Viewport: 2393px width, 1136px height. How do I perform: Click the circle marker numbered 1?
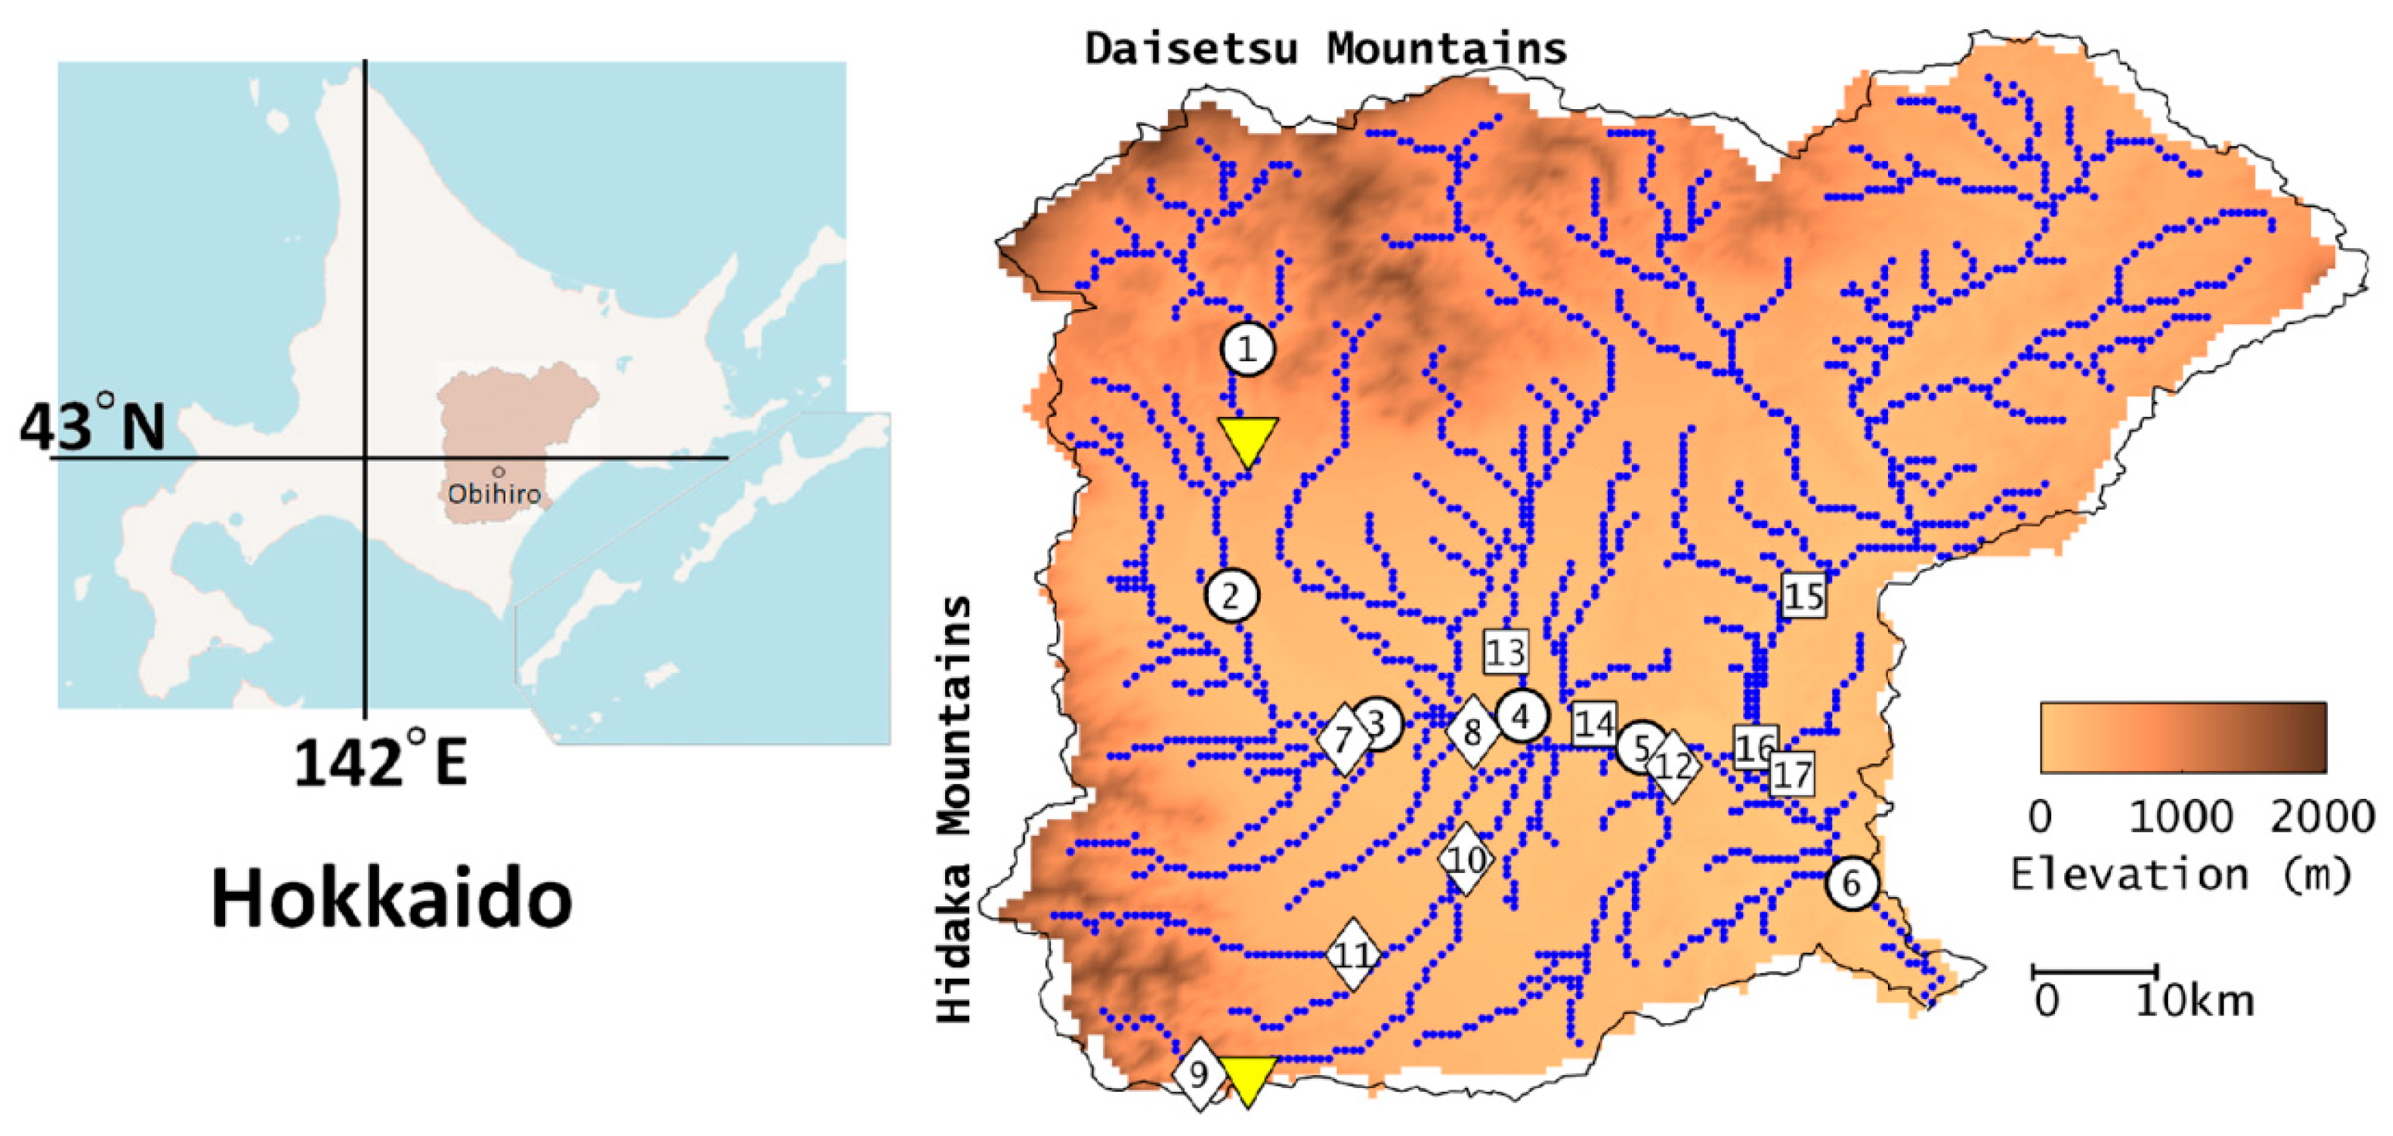(x=1247, y=350)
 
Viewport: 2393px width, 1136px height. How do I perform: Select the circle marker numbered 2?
(x=1232, y=595)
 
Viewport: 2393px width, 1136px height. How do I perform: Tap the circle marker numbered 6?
(x=1852, y=883)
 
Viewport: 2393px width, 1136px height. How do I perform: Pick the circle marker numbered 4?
(x=1521, y=716)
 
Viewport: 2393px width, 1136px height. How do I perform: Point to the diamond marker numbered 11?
(x=1352, y=955)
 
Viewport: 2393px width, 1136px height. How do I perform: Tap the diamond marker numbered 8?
(x=1473, y=733)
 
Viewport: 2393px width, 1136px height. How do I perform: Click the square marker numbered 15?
(x=1803, y=595)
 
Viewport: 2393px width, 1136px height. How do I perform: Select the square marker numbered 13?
(x=1505, y=652)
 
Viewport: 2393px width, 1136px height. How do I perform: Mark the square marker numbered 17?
(x=1791, y=775)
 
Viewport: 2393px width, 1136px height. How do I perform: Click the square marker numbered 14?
(x=1594, y=724)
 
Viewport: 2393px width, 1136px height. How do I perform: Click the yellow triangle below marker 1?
(x=1248, y=439)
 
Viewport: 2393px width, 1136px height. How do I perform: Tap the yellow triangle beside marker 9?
(x=1248, y=1077)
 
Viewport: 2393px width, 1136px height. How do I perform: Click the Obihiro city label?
(x=494, y=493)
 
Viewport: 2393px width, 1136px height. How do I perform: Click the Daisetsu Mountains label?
(x=1326, y=48)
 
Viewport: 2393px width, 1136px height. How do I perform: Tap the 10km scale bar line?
(x=2094, y=971)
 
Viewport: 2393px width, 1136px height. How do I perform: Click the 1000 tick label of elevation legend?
(x=2180, y=817)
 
